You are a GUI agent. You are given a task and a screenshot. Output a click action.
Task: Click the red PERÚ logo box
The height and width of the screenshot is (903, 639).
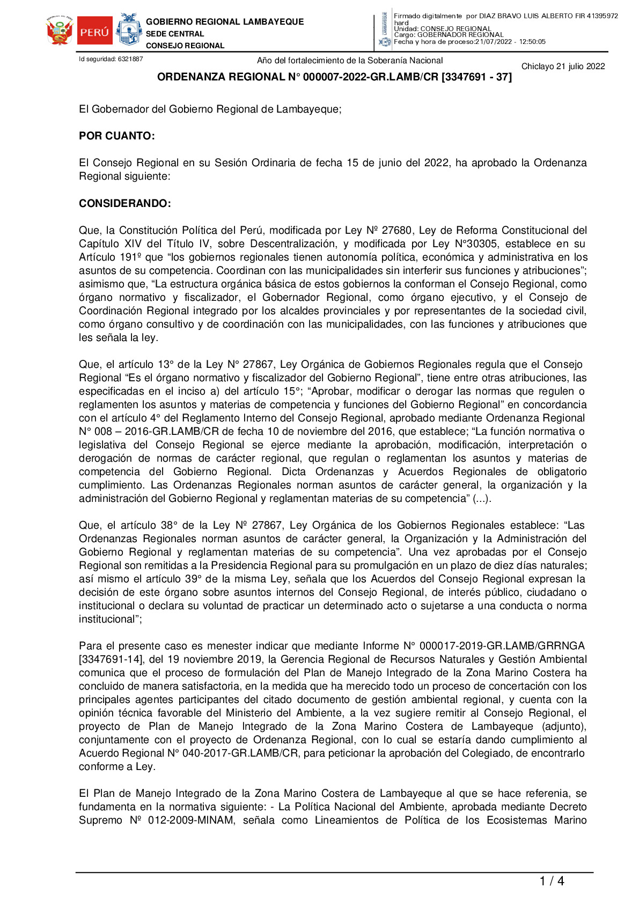(x=94, y=31)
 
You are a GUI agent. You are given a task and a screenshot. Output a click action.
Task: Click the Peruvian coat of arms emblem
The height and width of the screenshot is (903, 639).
(x=60, y=31)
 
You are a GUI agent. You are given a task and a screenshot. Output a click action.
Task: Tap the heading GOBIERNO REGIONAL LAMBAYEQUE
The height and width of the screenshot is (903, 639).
(x=225, y=22)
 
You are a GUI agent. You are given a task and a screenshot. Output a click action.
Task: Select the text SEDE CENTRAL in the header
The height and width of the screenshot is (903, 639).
(x=175, y=34)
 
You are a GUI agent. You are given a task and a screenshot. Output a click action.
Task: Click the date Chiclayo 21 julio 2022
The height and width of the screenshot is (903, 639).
(x=563, y=66)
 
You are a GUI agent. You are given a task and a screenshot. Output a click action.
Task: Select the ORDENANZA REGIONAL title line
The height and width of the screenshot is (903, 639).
(x=334, y=77)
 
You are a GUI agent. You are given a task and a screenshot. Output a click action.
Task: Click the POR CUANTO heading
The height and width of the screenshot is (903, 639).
(x=117, y=136)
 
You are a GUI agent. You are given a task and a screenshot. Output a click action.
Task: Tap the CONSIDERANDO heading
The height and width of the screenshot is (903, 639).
(x=125, y=204)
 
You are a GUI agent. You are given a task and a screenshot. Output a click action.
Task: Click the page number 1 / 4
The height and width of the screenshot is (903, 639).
(x=552, y=881)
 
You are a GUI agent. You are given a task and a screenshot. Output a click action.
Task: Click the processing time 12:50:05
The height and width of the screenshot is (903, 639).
(x=532, y=42)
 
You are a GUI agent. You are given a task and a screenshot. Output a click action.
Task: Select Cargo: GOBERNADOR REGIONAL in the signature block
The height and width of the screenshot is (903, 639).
(x=449, y=35)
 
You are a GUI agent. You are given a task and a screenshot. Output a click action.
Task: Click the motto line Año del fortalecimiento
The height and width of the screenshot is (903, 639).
(x=350, y=61)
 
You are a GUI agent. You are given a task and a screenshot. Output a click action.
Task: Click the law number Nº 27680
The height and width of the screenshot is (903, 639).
(x=389, y=231)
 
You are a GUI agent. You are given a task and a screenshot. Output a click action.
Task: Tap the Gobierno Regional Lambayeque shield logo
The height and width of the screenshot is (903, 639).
(x=129, y=29)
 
